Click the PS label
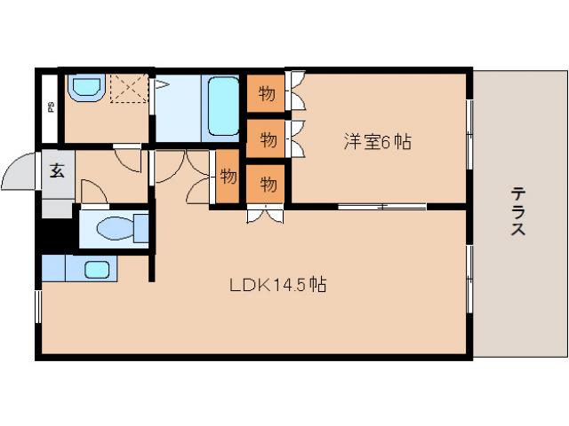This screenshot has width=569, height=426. [49, 108]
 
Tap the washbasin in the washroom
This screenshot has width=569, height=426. [85, 87]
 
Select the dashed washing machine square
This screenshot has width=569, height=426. [128, 89]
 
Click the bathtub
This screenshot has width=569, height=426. [222, 106]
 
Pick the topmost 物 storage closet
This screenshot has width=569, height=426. [266, 92]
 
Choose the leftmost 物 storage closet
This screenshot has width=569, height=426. [228, 175]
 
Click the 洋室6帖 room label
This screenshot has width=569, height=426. [377, 141]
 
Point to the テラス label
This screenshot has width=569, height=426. [517, 211]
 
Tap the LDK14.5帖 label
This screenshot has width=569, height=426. [278, 286]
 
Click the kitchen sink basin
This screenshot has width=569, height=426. [96, 269]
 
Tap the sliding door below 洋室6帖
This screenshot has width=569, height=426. [381, 208]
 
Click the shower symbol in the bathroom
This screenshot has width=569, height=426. [163, 85]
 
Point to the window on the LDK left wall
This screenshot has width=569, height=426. [38, 305]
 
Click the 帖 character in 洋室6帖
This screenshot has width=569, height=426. [404, 141]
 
